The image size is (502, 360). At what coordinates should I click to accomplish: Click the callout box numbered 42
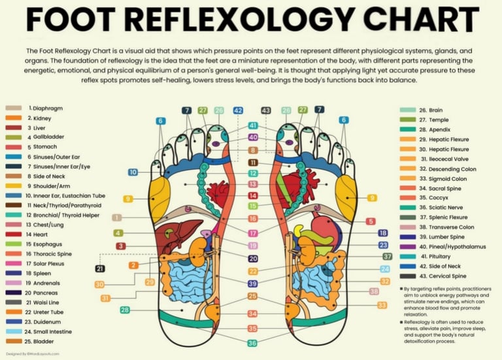238,111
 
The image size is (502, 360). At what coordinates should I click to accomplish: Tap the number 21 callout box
100,269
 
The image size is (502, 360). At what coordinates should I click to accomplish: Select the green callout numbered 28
124,310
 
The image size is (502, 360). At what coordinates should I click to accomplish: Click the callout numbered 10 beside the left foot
133,172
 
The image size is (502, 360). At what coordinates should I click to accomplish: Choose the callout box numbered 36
252,343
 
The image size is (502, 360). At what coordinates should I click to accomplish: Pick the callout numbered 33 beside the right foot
382,304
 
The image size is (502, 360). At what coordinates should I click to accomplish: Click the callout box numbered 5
371,221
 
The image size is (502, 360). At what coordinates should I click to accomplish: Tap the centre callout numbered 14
252,195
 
